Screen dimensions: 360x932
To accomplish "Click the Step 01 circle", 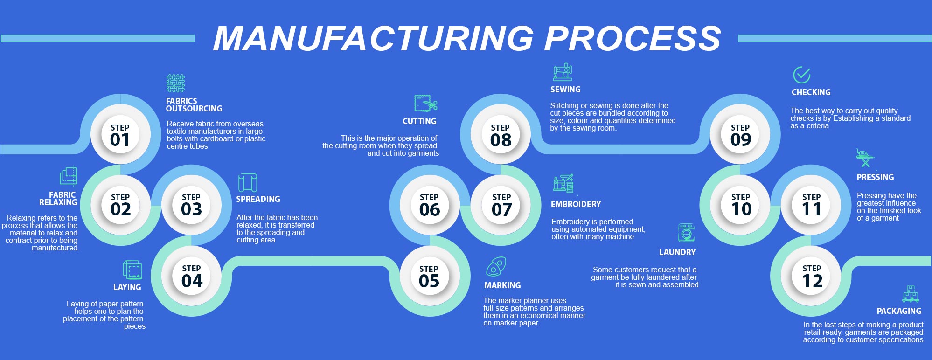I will click(x=120, y=135).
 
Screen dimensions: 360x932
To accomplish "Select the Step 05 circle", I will click(x=429, y=276).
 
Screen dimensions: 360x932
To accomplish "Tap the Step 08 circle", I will click(x=501, y=135).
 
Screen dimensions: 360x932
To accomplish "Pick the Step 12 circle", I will click(x=812, y=276).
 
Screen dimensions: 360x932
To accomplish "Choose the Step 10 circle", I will click(x=741, y=205).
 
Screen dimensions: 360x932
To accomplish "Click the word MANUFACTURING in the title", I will click(x=373, y=38).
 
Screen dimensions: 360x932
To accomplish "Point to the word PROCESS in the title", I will click(x=633, y=38).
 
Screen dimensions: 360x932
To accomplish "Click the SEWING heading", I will click(x=565, y=90).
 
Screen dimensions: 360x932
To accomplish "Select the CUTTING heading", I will click(x=419, y=121).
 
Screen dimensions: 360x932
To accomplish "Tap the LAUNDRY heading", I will click(x=677, y=252).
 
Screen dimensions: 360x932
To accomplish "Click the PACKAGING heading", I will click(x=899, y=311).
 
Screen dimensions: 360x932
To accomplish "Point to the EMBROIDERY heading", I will click(x=576, y=204).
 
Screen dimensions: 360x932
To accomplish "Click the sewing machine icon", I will click(x=563, y=72).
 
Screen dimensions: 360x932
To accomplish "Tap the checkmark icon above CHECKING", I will click(x=801, y=75).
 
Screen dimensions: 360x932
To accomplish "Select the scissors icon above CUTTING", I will click(x=425, y=103).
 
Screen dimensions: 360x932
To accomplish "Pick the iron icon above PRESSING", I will click(x=864, y=158).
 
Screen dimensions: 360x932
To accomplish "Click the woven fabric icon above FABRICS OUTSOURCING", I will click(x=175, y=83).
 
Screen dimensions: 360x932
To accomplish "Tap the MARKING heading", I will click(x=502, y=285).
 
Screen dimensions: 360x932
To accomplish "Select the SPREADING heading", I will click(x=258, y=199).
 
